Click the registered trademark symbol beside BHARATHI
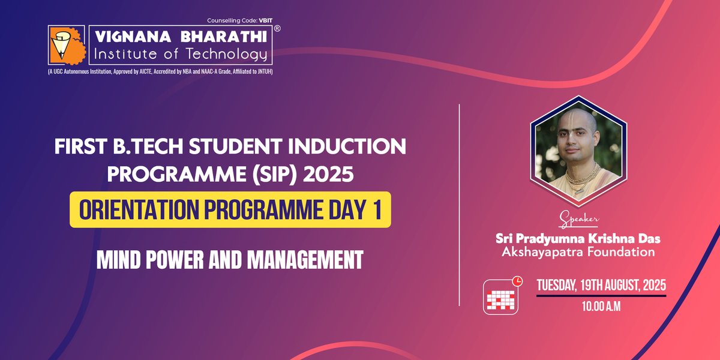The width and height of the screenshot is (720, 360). tap(277, 28)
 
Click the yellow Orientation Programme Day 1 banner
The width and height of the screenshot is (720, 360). tap(230, 209)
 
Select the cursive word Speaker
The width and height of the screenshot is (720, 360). tap(578, 219)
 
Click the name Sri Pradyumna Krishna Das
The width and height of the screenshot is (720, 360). tap(578, 238)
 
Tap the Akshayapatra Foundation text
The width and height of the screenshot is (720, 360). tap(578, 252)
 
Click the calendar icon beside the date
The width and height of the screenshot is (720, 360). tap(501, 297)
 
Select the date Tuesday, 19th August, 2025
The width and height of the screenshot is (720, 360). tap(601, 286)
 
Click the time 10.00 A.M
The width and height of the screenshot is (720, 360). tap(601, 307)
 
